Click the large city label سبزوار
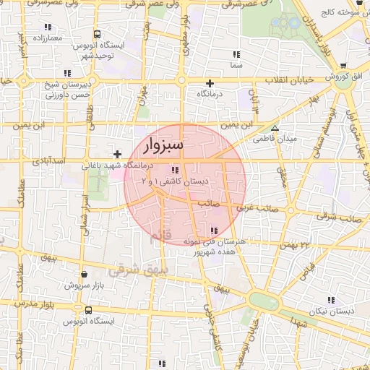(164, 145)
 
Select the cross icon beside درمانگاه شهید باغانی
(117, 154)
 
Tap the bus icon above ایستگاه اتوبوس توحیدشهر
(98, 34)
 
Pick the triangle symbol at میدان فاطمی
(274, 127)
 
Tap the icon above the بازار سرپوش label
(86, 275)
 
